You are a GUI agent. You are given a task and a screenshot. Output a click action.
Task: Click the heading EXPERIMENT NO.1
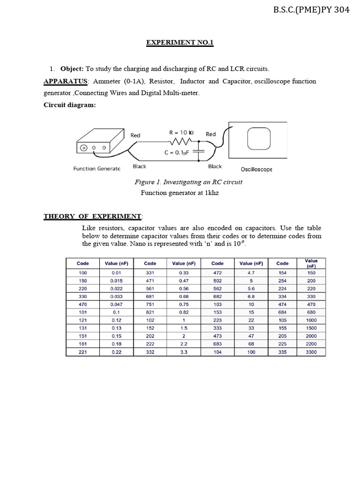point(180,43)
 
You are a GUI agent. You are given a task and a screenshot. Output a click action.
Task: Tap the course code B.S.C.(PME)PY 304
point(311,10)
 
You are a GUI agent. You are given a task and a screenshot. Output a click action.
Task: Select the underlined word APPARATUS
point(66,81)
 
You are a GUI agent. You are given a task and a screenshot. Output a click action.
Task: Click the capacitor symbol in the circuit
point(202,151)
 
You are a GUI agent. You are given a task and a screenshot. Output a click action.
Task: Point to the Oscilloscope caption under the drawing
point(256,169)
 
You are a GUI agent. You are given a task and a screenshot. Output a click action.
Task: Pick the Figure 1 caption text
point(188,182)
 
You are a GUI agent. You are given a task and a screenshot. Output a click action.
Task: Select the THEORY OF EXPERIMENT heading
point(93,216)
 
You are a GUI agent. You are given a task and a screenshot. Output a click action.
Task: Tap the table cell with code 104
point(217,352)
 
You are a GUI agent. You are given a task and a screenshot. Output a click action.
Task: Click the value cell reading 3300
point(311,352)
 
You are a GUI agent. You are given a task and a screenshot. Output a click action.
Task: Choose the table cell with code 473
point(217,336)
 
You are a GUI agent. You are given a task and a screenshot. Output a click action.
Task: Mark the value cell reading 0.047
point(116,304)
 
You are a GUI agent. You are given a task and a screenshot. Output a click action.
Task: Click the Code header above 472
point(217,263)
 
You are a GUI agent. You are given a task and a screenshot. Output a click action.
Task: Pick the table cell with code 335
point(282,352)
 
